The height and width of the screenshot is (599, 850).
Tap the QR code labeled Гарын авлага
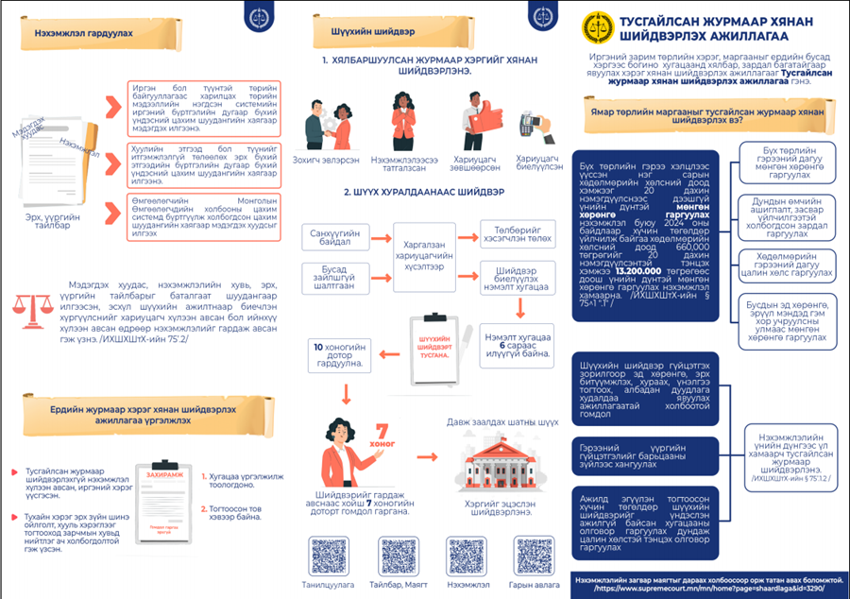(532, 555)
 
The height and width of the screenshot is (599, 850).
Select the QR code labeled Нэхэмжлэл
(467, 555)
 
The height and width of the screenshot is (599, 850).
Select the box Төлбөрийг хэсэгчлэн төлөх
(516, 233)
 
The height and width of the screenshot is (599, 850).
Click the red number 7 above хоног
(382, 431)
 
